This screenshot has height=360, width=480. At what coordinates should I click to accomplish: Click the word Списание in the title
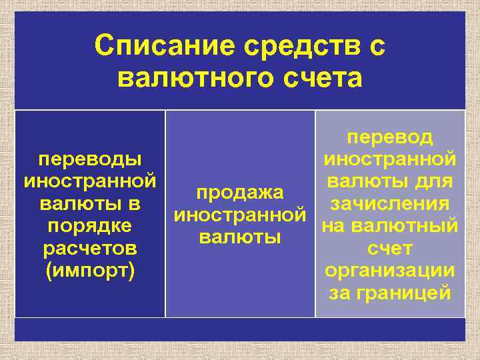pos(165,47)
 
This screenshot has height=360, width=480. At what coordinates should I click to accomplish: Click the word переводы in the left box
pos(90,160)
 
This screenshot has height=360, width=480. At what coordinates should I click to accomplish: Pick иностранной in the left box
pos(90,181)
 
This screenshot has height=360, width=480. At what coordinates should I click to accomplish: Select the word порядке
pos(90,226)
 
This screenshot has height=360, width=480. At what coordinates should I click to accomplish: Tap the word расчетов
pos(90,249)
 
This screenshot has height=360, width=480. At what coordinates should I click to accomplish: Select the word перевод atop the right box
pos(390,137)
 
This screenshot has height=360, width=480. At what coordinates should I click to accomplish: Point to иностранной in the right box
pos(390,159)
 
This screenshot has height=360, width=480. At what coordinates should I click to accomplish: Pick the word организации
pos(390,271)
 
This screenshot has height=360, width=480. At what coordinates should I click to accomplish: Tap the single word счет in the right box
pos(390,249)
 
